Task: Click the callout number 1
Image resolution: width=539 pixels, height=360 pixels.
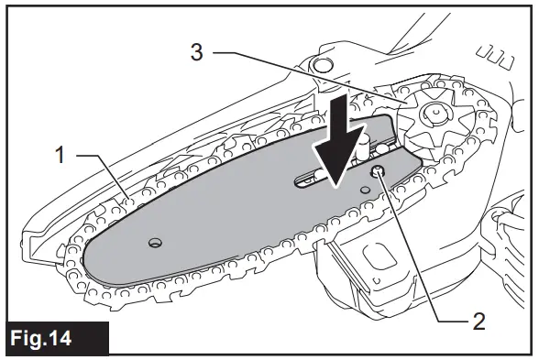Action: coord(61,156)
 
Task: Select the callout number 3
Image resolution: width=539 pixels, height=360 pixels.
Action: coord(195,53)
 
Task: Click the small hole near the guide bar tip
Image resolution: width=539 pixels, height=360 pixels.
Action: coord(155,243)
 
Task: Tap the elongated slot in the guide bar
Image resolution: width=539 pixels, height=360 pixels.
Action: coord(312,180)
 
